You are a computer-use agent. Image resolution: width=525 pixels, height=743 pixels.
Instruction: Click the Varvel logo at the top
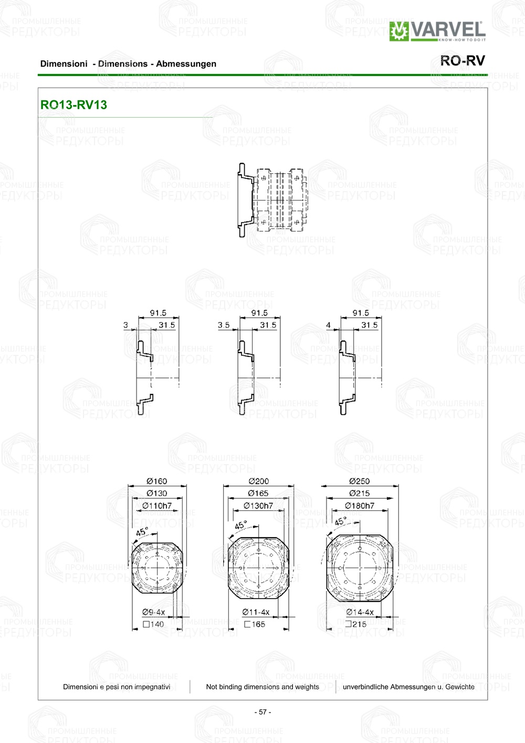437,31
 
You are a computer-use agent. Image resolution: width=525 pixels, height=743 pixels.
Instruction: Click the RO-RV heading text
463,61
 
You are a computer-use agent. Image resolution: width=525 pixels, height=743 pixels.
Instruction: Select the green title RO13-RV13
73,105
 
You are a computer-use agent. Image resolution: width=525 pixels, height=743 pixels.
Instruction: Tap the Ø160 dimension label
156,481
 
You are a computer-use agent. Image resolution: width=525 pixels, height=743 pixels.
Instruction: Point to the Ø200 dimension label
258,481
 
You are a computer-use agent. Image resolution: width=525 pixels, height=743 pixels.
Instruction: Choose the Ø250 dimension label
360,481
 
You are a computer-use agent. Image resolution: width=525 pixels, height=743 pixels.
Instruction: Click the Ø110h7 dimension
157,506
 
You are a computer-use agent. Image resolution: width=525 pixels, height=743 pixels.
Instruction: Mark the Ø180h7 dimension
360,506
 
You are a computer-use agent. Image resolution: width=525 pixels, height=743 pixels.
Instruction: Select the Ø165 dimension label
258,494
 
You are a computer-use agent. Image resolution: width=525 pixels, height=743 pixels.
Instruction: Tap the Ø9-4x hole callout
153,612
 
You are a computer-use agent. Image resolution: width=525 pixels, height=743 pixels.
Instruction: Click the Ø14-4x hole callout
360,612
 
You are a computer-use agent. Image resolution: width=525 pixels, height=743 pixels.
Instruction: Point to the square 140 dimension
153,624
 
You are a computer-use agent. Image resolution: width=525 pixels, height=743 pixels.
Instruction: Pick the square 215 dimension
356,624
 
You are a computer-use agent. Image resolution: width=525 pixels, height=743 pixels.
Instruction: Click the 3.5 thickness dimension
224,325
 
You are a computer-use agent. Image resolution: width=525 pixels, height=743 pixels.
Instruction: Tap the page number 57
262,712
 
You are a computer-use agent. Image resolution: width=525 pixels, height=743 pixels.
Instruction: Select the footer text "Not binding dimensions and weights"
262,687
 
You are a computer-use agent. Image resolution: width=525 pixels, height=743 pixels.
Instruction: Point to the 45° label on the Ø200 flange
240,525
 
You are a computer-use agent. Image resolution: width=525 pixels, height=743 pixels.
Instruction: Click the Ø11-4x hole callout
256,612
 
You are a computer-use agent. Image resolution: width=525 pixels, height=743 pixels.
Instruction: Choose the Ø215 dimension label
360,494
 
